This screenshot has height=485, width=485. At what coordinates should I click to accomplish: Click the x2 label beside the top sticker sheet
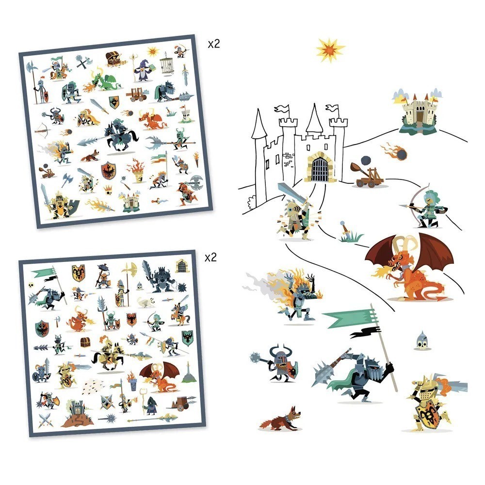pos(213,44)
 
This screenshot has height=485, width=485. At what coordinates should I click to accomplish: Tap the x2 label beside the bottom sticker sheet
pos(210,257)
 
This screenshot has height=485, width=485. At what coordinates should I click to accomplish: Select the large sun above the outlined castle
pos(330,50)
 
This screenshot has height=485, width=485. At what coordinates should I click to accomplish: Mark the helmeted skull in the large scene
pos(421,340)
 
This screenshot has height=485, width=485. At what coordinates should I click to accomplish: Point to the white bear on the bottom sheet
pos(146,302)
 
